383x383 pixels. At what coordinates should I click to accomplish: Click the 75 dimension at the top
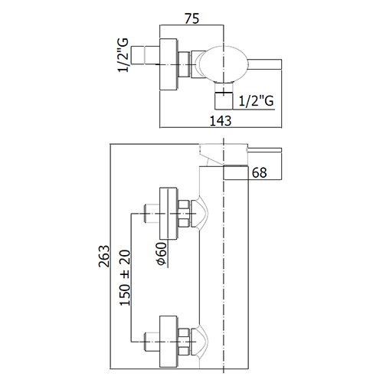tap(191, 19)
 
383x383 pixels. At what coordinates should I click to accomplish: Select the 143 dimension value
tap(221, 120)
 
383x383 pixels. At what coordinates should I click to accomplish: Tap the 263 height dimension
tap(104, 256)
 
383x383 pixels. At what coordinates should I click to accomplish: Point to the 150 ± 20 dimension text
tap(125, 278)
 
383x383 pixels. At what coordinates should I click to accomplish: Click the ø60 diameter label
tap(162, 254)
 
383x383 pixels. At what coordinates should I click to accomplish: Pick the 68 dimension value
tap(260, 173)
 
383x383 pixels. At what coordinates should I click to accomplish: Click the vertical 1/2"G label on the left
tap(123, 55)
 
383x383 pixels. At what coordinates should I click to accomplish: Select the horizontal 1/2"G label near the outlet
tap(256, 100)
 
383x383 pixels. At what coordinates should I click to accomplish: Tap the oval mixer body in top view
tap(224, 64)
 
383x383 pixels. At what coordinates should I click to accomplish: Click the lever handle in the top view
tap(264, 64)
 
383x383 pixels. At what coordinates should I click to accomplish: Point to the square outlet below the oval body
tap(224, 100)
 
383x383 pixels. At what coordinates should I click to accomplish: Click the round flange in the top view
tap(169, 64)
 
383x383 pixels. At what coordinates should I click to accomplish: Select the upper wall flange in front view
tap(169, 214)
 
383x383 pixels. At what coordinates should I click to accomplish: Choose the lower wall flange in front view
tap(169, 342)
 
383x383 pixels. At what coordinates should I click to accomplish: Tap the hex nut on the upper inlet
tap(184, 214)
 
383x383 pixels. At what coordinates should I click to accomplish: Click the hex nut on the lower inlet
tap(184, 342)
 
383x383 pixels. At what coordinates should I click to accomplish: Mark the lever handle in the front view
tap(264, 150)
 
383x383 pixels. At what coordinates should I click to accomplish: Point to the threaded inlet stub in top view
tap(146, 55)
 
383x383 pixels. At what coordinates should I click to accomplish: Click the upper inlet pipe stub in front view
tap(152, 214)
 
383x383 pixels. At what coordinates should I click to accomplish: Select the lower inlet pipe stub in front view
tap(152, 342)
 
